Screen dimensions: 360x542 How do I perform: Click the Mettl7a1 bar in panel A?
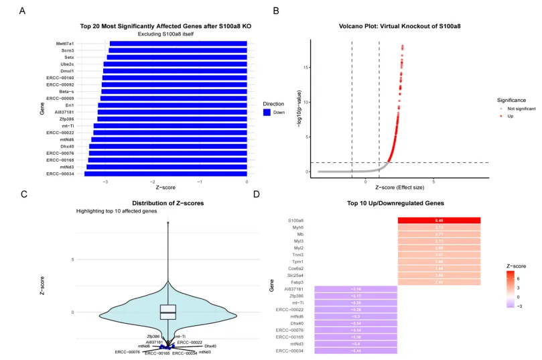(x=178, y=44)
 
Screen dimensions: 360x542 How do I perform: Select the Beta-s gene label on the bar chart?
(x=66, y=91)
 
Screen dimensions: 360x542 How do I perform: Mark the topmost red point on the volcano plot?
(x=403, y=46)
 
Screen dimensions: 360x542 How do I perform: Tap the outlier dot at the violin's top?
(x=167, y=222)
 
